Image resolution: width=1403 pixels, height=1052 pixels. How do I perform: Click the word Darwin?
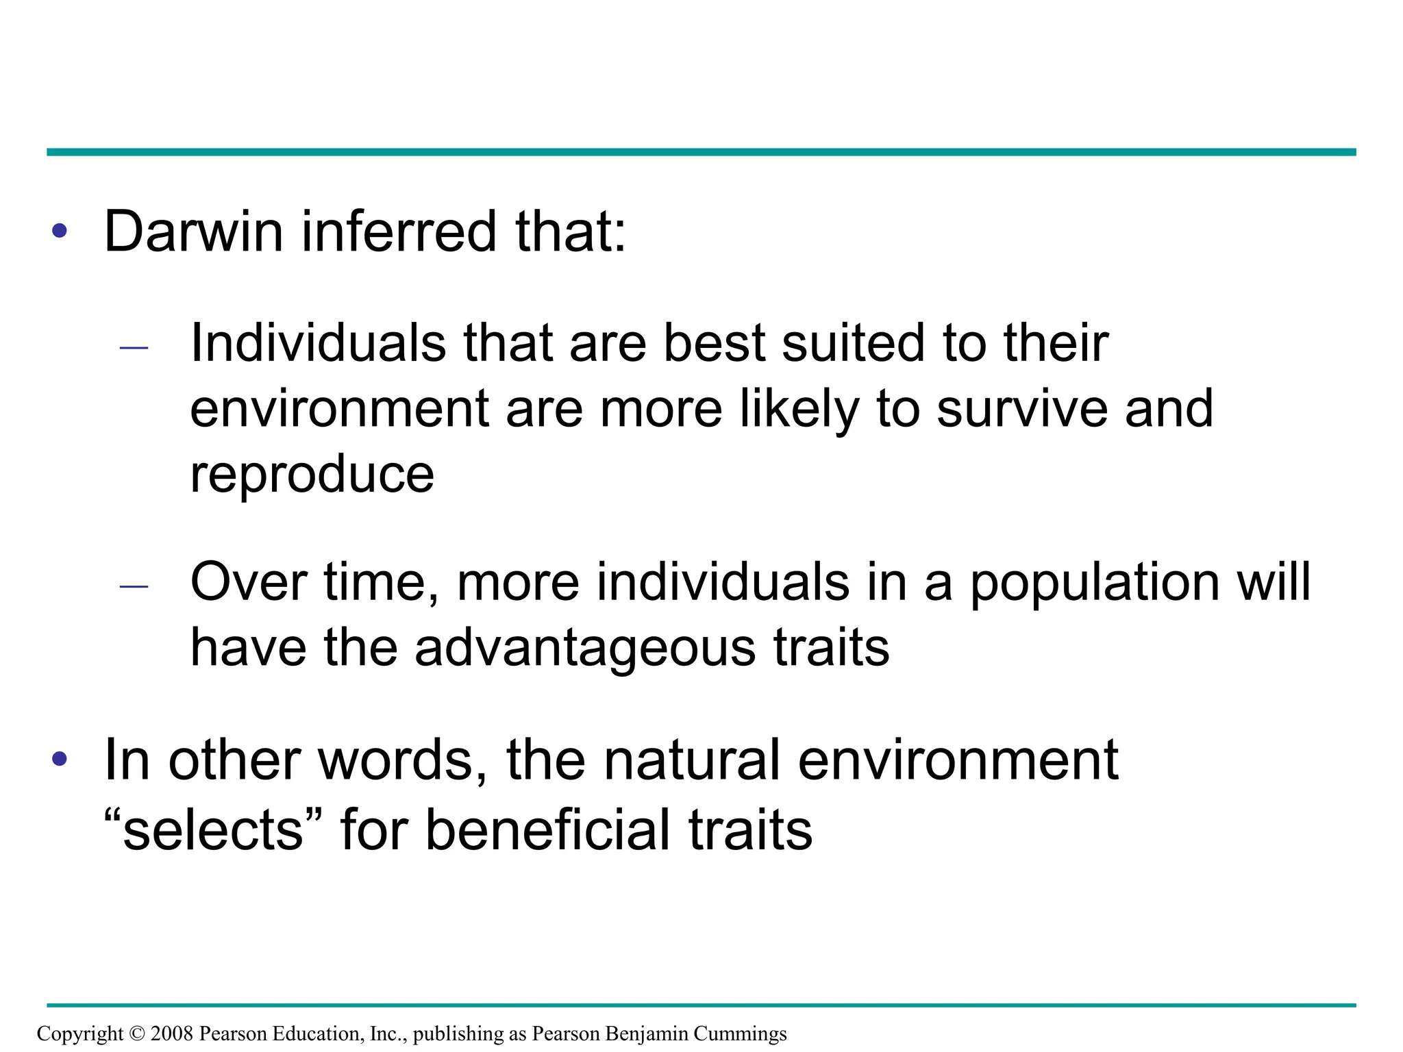[193, 231]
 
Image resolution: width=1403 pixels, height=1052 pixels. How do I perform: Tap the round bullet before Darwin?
[60, 231]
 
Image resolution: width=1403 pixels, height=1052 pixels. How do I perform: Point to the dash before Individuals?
[134, 348]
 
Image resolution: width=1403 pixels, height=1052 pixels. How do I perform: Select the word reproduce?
[312, 474]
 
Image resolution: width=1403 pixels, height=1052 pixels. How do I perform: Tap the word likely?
[799, 409]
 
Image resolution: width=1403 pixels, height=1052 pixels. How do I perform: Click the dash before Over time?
[134, 586]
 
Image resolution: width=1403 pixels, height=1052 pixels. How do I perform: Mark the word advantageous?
[585, 647]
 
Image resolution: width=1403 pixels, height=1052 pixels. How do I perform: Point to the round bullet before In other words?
[60, 758]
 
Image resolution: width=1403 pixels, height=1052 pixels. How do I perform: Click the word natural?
[692, 760]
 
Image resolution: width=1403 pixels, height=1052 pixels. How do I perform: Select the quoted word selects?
[213, 829]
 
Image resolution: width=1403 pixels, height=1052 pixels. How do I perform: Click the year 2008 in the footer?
[171, 1033]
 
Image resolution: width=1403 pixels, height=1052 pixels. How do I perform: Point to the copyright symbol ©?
[137, 1033]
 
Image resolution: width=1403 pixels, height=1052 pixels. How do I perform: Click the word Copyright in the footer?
[80, 1033]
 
